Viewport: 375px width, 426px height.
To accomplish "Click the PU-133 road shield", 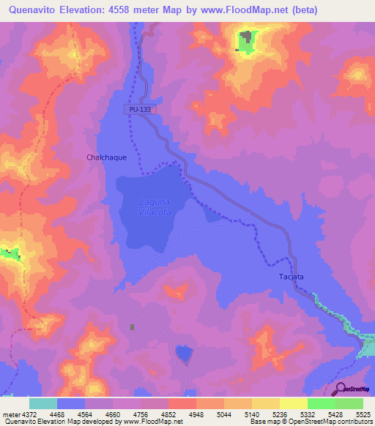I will [139, 108].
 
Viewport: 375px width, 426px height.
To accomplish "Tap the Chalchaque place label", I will [106, 157].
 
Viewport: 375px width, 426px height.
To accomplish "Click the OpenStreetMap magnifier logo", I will [340, 389].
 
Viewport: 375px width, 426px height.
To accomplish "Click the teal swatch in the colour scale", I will [42, 403].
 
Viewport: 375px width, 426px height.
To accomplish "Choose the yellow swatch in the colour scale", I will [265, 403].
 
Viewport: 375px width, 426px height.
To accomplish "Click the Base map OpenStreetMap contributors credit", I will [307, 422].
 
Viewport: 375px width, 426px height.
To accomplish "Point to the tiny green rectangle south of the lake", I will [132, 327].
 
